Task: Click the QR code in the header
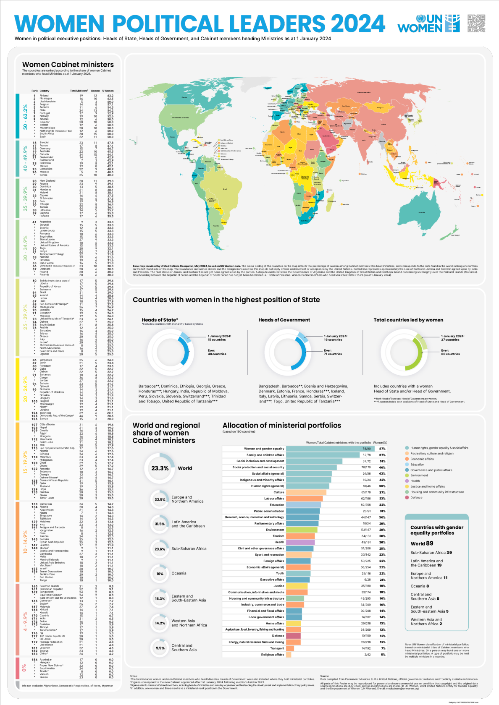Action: pyautogui.click(x=476, y=23)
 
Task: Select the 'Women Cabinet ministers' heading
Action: pyautogui.click(x=68, y=65)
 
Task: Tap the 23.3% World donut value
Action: pyautogui.click(x=160, y=468)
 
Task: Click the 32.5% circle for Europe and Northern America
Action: pyautogui.click(x=160, y=499)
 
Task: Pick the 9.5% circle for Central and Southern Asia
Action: pyautogui.click(x=160, y=648)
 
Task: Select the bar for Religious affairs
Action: pyautogui.click(x=289, y=655)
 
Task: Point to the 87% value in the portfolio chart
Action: pyautogui.click(x=382, y=449)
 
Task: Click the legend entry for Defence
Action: pyautogui.click(x=416, y=497)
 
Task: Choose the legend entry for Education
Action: pyautogui.click(x=417, y=465)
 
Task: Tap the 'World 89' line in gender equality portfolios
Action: pyautogui.click(x=422, y=543)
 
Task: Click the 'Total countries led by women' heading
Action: pyautogui.click(x=408, y=320)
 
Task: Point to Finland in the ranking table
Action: pyautogui.click(x=44, y=96)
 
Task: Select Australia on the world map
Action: pyautogui.click(x=421, y=212)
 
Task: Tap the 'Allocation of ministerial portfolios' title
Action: pyautogui.click(x=281, y=426)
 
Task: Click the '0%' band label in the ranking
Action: pyautogui.click(x=24, y=667)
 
